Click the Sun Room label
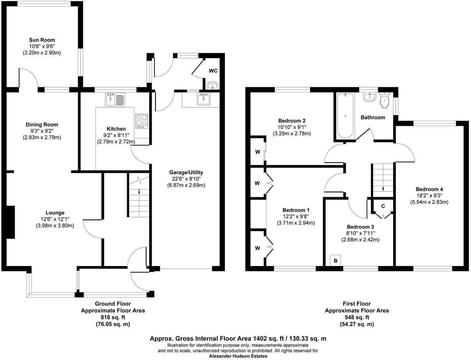tap(42, 40)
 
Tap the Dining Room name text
tap(42, 125)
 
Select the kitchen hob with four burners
tap(141, 121)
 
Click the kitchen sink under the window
tap(115, 99)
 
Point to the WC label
tap(213, 71)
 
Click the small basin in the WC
tap(213, 85)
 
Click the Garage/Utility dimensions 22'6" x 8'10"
tap(186, 179)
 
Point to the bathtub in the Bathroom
tap(345, 115)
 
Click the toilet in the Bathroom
tap(384, 101)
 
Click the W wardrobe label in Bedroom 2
tap(257, 152)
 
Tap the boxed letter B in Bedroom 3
tap(335, 261)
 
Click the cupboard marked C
tap(383, 206)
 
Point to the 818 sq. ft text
tap(113, 317)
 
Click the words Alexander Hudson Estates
tap(238, 356)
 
